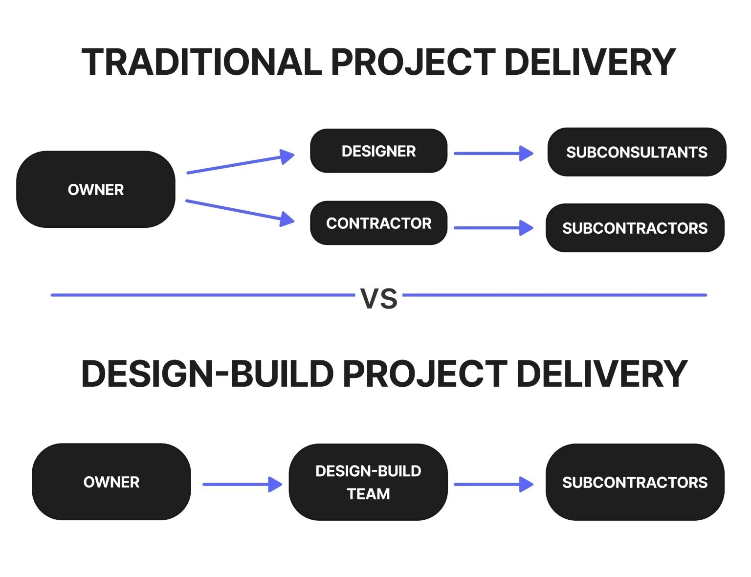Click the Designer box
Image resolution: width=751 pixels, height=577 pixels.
tap(378, 151)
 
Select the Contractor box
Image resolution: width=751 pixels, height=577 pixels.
tap(378, 223)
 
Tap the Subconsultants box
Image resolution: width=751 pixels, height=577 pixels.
tap(637, 152)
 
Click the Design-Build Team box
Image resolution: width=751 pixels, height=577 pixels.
tap(368, 482)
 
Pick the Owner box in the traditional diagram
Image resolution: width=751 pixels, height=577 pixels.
tap(96, 189)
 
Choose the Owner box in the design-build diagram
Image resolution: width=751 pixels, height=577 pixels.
tap(111, 482)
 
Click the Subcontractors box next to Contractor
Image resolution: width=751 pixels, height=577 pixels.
tap(635, 228)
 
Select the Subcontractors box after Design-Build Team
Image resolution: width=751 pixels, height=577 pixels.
tap(635, 482)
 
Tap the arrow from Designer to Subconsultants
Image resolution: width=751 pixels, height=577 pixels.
tap(493, 153)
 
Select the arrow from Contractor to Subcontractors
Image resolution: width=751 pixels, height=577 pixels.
tap(493, 228)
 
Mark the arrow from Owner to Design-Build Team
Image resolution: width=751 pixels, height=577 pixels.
tap(242, 484)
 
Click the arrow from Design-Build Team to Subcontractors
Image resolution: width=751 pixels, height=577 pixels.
tap(493, 484)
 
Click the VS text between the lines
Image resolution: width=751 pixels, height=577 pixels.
tap(379, 298)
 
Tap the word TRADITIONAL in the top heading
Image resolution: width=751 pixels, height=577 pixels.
tap(201, 62)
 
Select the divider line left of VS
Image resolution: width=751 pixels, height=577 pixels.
tap(202, 295)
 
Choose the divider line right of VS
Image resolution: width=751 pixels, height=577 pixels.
tap(554, 295)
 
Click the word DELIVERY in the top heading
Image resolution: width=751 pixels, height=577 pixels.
tap(590, 62)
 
